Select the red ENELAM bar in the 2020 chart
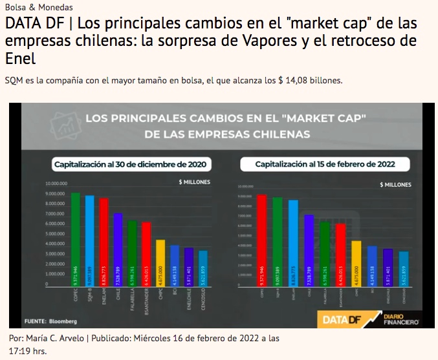[x=104, y=243]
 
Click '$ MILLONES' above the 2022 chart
[x=393, y=184]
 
